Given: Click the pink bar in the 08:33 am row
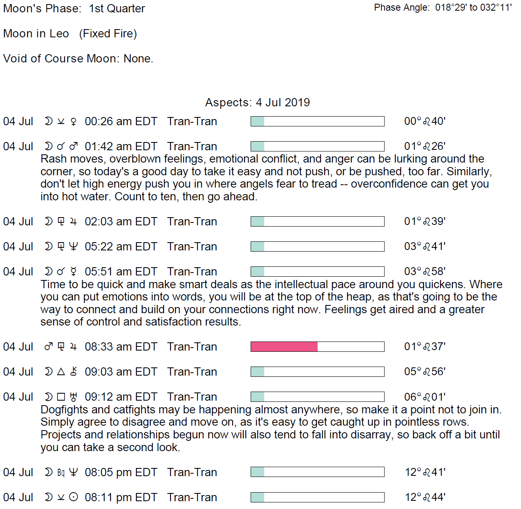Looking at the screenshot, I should click(x=284, y=347).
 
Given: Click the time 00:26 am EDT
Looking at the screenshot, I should click(x=121, y=122).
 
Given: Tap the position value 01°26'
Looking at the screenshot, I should click(x=424, y=147).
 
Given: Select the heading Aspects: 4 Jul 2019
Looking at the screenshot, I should click(x=257, y=102).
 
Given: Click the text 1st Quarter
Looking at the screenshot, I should click(x=117, y=9).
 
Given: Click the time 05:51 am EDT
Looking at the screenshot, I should click(x=121, y=272).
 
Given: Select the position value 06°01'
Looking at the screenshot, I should click(x=424, y=397).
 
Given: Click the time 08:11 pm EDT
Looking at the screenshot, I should click(x=121, y=498).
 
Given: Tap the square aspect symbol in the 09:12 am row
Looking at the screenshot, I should click(x=61, y=397).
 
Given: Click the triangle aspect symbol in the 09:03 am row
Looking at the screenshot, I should click(x=61, y=372).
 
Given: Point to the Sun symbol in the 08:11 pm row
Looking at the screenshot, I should click(x=74, y=498).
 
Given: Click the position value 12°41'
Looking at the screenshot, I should click(x=425, y=472).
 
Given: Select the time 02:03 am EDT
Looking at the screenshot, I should click(x=121, y=222).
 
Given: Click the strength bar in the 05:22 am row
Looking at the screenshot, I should click(x=317, y=247).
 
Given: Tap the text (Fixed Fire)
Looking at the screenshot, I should click(x=108, y=34).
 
